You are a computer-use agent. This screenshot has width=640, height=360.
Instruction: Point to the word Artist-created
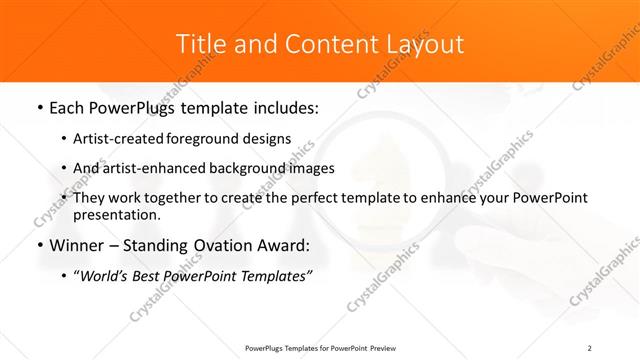tap(117, 138)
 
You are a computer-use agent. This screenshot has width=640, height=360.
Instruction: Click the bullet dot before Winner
tap(39, 245)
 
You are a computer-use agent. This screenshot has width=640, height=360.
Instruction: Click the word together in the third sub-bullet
tap(175, 198)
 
